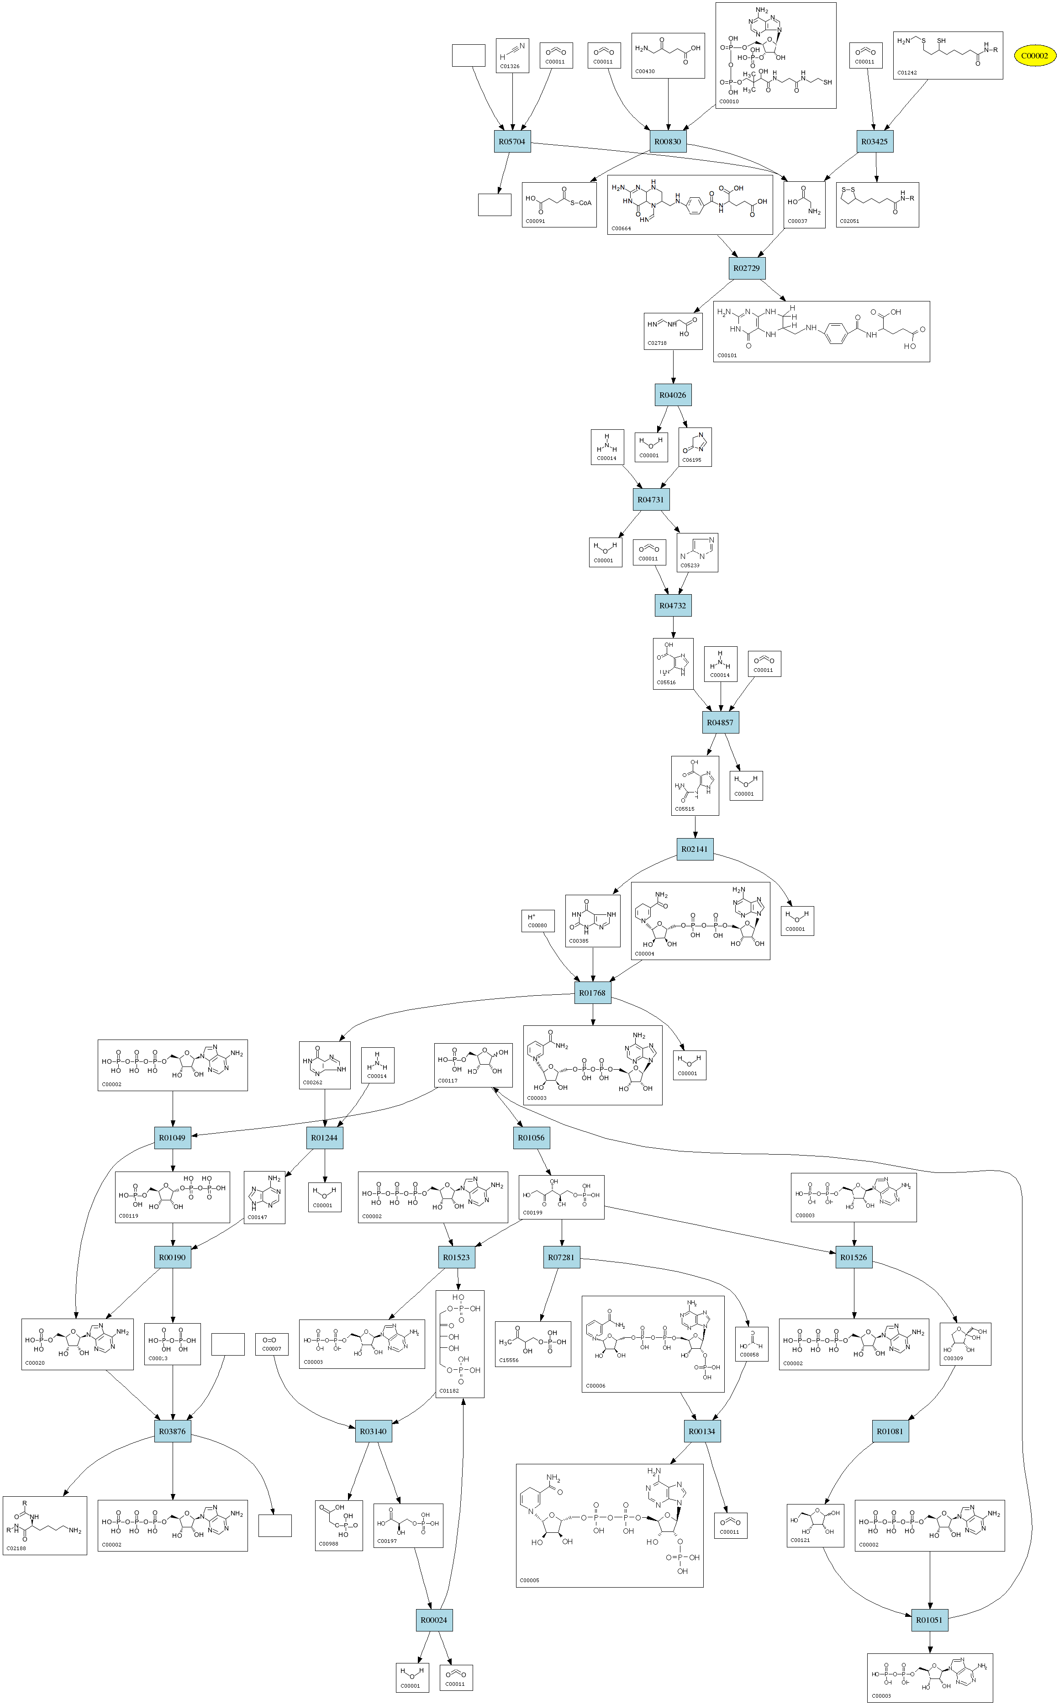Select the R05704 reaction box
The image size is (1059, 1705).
click(512, 142)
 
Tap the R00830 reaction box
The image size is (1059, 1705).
click(668, 142)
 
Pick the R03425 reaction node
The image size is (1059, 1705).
click(874, 142)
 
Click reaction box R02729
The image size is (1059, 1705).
click(747, 268)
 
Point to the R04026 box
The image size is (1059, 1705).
click(672, 395)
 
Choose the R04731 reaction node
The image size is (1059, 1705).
click(651, 500)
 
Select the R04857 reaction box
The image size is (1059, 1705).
click(720, 722)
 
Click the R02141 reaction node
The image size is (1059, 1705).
click(695, 849)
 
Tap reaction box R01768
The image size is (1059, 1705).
click(593, 992)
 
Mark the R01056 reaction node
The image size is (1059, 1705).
click(531, 1138)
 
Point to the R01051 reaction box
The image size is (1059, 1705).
click(929, 1620)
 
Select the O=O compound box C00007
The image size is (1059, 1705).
click(272, 1344)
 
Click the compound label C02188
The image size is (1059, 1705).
click(16, 1548)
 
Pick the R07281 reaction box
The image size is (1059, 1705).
click(561, 1257)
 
